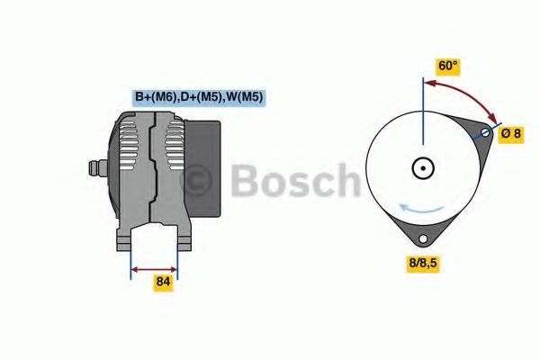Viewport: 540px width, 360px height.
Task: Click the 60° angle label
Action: pyautogui.click(x=447, y=65)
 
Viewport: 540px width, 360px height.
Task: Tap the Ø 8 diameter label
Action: pyautogui.click(x=511, y=133)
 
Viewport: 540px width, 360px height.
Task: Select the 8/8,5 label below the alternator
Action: pyautogui.click(x=423, y=263)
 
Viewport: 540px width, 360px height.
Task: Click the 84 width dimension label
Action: pyautogui.click(x=163, y=282)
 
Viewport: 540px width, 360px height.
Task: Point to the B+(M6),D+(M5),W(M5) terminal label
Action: pyautogui.click(x=199, y=97)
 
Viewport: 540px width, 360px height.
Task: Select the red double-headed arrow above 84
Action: pyautogui.click(x=154, y=269)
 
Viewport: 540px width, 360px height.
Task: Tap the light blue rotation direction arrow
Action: pyautogui.click(x=421, y=208)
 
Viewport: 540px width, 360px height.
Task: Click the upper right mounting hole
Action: pyautogui.click(x=485, y=132)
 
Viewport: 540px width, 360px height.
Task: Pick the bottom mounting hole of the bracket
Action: pyautogui.click(x=423, y=238)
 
